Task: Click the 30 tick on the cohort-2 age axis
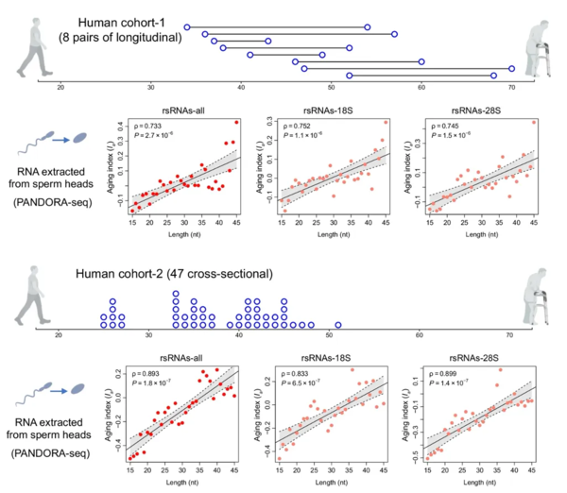pos(148,334)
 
